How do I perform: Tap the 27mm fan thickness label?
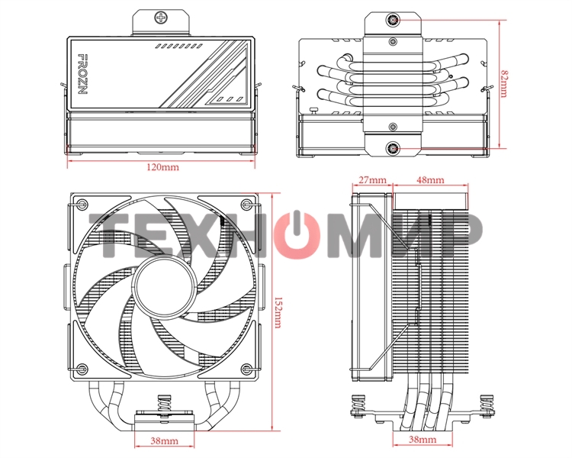pyautogui.click(x=371, y=180)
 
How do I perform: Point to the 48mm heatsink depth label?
pyautogui.click(x=431, y=180)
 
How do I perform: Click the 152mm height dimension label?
pyautogui.click(x=277, y=311)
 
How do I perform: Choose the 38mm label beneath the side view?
pyautogui.click(x=423, y=441)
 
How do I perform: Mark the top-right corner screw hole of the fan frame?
pyautogui.click(x=244, y=204)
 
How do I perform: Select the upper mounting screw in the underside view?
pyautogui.click(x=392, y=21)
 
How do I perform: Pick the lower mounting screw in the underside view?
pyautogui.click(x=392, y=148)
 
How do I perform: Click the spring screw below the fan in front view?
pyautogui.click(x=162, y=404)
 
